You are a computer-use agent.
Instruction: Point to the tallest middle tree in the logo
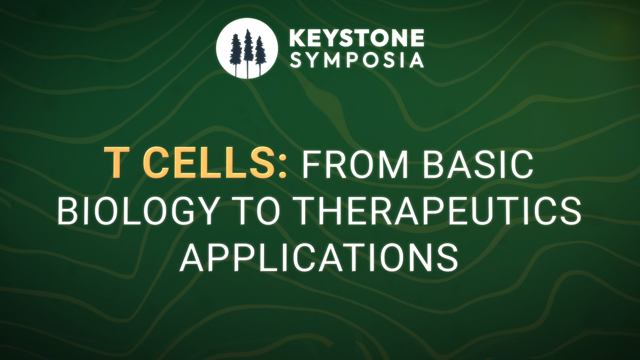(x=248, y=52)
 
